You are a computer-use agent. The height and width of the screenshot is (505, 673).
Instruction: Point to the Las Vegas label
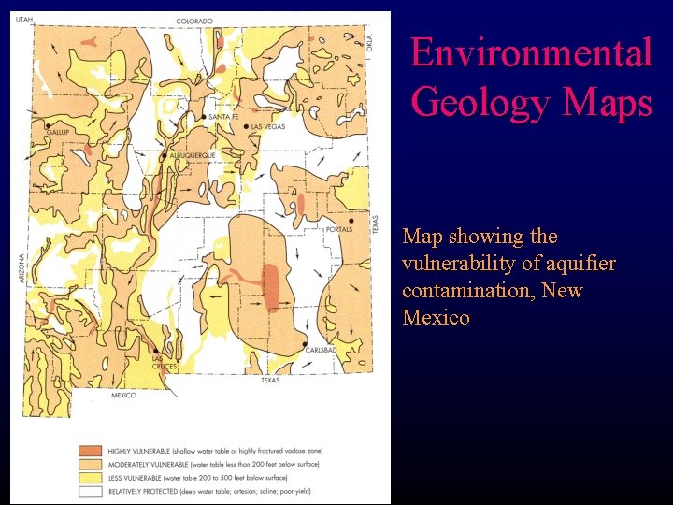267,126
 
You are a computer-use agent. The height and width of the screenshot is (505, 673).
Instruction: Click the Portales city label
338,229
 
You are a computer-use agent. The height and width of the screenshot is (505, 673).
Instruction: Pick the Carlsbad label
320,351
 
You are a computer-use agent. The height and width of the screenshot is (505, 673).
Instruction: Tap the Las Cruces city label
165,362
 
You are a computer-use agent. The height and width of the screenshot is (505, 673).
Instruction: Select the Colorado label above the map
194,21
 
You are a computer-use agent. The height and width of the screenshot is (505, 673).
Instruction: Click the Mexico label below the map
123,395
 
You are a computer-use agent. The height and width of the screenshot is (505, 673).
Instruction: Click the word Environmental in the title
531,52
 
